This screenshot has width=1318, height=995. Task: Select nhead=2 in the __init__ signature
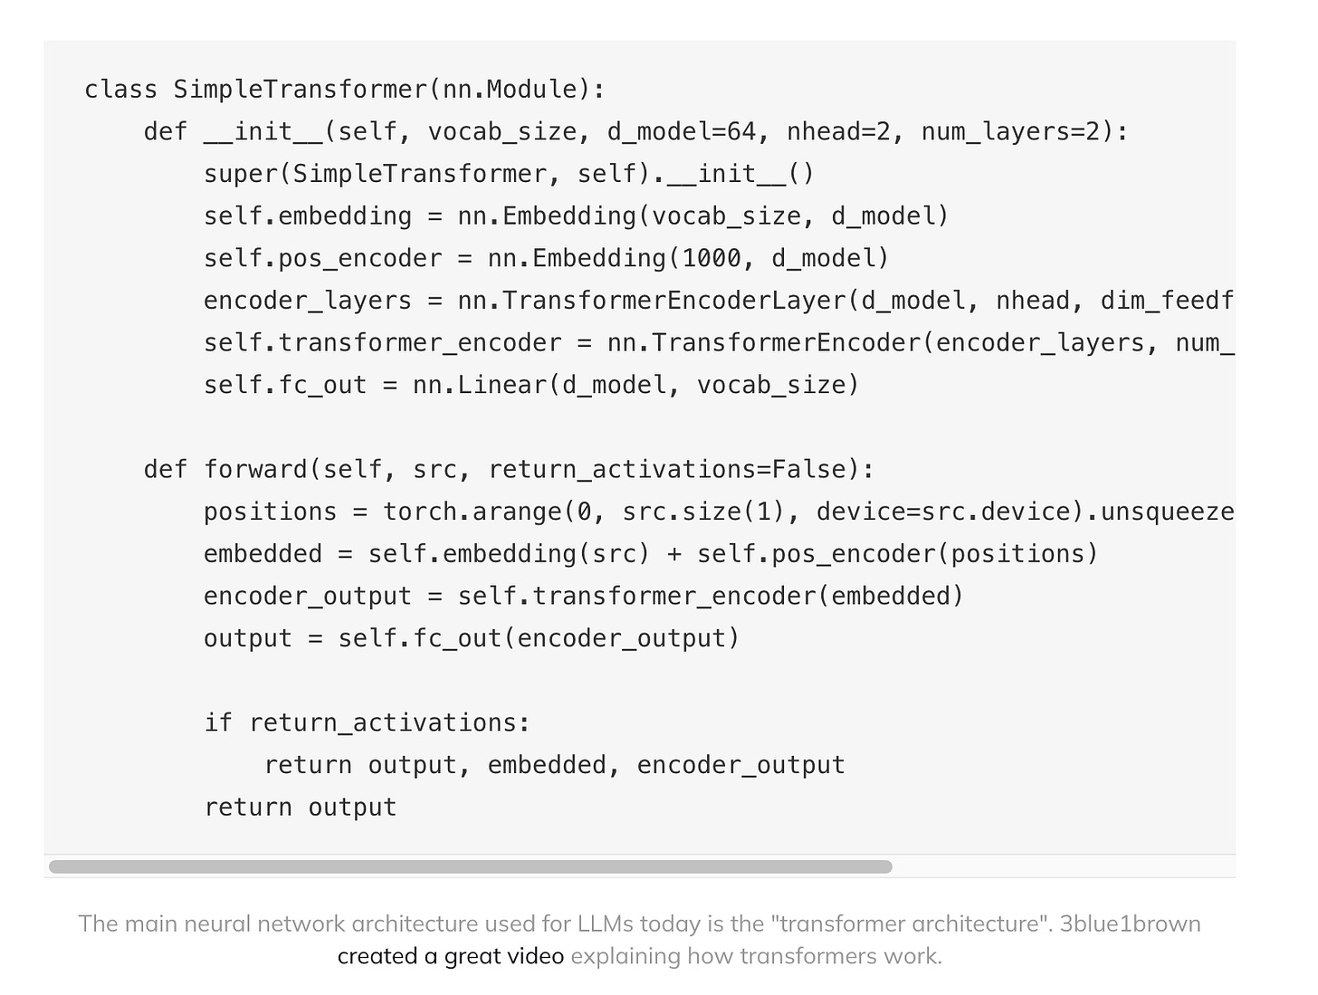click(x=838, y=132)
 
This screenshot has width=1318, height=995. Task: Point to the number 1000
click(x=712, y=259)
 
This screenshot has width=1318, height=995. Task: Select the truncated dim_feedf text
click(x=1167, y=301)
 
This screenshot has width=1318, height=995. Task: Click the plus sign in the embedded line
click(x=673, y=554)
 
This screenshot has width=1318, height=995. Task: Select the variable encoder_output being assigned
click(x=307, y=597)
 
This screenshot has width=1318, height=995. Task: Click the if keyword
click(x=218, y=723)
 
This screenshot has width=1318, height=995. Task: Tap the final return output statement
click(x=300, y=808)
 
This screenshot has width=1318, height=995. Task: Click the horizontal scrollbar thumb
click(x=471, y=867)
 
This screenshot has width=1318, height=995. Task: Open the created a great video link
click(x=450, y=956)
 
